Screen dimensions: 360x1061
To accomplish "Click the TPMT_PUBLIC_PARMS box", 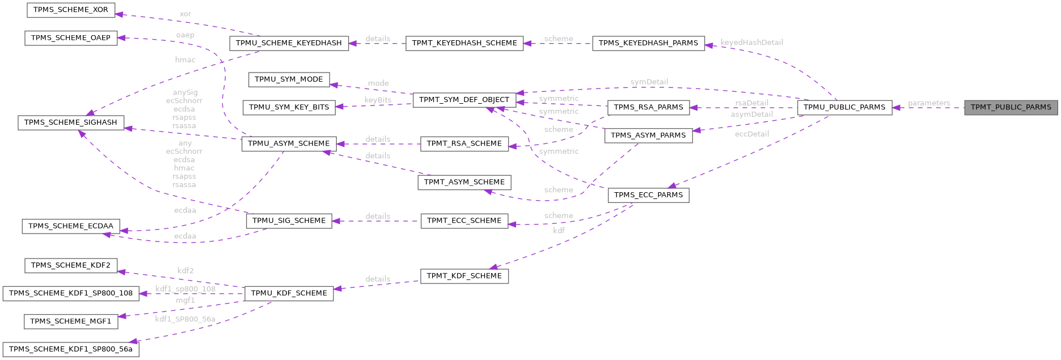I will pos(1011,107).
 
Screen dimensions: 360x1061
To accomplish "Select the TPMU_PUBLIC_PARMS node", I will pos(844,107).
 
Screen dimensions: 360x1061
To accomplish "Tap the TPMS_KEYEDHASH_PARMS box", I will pos(648,43).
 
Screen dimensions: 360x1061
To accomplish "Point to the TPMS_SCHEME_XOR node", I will pos(71,10).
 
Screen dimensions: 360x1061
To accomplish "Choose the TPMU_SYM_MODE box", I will pos(289,79).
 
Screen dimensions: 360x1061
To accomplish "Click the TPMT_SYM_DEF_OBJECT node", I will pos(464,100).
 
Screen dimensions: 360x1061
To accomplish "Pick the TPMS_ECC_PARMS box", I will pos(648,195).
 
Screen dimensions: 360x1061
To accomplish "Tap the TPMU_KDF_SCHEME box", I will pos(289,293).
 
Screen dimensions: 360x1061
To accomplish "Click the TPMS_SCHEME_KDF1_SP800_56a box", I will pos(71,349).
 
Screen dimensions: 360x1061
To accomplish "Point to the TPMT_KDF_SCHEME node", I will pos(464,276).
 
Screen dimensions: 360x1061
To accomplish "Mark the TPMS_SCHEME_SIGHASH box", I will pos(71,122).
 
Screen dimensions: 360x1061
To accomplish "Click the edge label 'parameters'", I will pos(929,103).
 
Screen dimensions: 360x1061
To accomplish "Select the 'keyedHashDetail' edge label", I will pos(751,43).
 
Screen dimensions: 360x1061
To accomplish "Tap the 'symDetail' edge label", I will pos(649,82).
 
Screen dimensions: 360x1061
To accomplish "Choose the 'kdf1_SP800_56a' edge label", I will pos(185,319).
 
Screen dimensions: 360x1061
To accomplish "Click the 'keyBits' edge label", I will pos(378,100).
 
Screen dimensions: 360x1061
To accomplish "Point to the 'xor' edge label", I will pos(185,14).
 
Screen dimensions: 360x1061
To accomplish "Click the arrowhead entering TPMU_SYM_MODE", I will pos(333,85).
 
